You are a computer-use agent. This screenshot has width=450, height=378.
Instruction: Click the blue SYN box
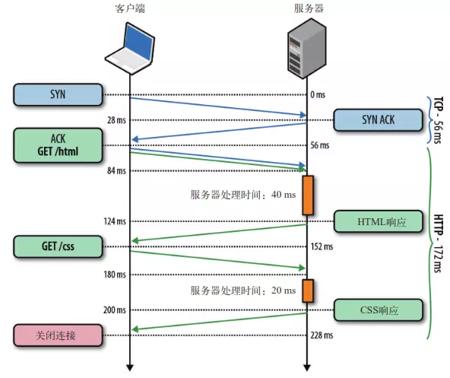pyautogui.click(x=58, y=94)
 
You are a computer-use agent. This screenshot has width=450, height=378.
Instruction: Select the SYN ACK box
pyautogui.click(x=377, y=120)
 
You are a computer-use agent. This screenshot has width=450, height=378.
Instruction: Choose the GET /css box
pyautogui.click(x=58, y=246)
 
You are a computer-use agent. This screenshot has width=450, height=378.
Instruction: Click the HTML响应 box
pyautogui.click(x=377, y=221)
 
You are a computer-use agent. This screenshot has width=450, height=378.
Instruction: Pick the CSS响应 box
pyautogui.click(x=377, y=310)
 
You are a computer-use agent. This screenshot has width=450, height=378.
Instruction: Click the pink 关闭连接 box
pyautogui.click(x=58, y=335)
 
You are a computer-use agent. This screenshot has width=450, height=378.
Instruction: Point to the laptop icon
pyautogui.click(x=129, y=46)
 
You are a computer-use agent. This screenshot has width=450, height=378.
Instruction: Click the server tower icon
pyautogui.click(x=306, y=47)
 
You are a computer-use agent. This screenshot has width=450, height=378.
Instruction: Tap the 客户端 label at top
pyautogui.click(x=129, y=8)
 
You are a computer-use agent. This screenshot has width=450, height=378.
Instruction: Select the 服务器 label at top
pyautogui.click(x=306, y=8)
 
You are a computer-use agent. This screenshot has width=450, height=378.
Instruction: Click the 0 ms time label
pyautogui.click(x=318, y=95)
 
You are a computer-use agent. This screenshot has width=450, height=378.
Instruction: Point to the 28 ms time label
pyautogui.click(x=116, y=120)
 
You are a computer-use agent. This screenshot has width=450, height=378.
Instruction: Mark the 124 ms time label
pyautogui.click(x=115, y=221)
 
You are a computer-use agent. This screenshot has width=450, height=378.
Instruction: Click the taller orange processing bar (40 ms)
pyautogui.click(x=307, y=195)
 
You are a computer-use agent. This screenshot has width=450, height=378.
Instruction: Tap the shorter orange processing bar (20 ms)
pyautogui.click(x=307, y=291)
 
